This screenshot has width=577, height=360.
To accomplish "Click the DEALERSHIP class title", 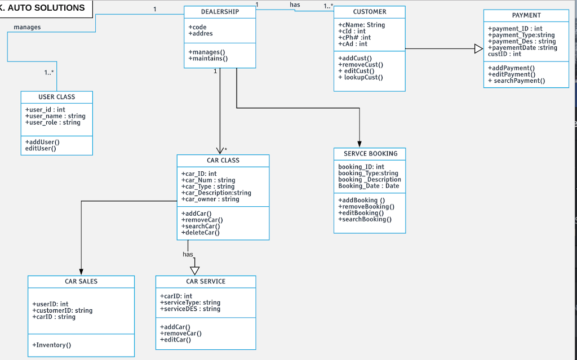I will click(x=220, y=12).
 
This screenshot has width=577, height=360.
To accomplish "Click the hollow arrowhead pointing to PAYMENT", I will click(x=478, y=49).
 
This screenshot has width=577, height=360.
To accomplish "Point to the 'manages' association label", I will click(x=27, y=27).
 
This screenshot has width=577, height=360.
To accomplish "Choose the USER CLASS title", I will click(x=56, y=97).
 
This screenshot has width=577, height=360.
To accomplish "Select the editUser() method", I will click(x=41, y=149).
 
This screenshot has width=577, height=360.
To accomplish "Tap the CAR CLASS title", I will click(x=223, y=161).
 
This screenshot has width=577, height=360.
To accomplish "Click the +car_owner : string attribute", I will click(x=210, y=199).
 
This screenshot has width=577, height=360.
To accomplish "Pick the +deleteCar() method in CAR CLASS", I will click(x=201, y=233).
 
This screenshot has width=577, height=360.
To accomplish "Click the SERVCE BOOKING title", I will click(x=370, y=154).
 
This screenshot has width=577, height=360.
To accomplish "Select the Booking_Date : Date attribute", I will click(x=369, y=186).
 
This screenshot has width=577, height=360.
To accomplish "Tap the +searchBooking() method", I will click(x=365, y=219).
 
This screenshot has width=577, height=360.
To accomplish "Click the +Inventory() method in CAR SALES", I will click(x=52, y=345).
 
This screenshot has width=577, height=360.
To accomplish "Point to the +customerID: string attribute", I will click(x=63, y=310).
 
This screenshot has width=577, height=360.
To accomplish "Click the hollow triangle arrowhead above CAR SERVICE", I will click(x=194, y=270).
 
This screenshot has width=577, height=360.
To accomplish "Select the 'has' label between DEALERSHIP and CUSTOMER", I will click(x=295, y=5).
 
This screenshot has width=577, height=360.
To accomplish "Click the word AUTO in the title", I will click(x=26, y=8).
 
